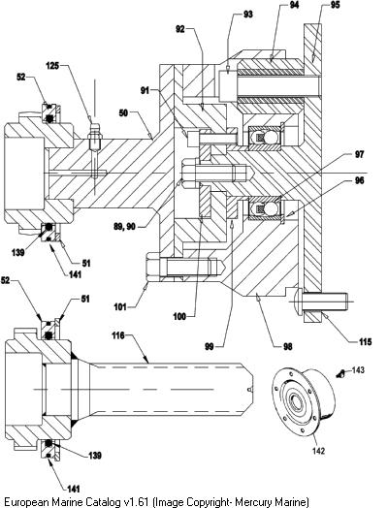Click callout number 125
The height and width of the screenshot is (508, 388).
[x=52, y=66]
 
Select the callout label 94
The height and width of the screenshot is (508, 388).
[x=294, y=5]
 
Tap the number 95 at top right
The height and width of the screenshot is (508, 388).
[x=336, y=5]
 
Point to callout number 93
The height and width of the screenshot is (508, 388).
[x=247, y=15]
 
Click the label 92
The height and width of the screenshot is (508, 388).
[x=180, y=29]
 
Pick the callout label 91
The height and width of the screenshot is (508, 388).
[x=145, y=90]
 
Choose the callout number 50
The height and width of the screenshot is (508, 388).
[x=123, y=113]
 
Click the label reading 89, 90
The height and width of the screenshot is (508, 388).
[x=124, y=227]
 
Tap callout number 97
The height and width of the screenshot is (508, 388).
[x=359, y=154]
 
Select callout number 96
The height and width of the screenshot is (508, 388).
[x=359, y=180]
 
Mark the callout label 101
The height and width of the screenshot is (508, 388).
[x=120, y=306]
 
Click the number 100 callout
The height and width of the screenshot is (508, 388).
[x=179, y=316]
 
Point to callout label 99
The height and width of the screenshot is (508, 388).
[x=210, y=347]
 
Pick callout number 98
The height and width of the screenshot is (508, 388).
[x=287, y=347]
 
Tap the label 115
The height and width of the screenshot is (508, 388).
[x=366, y=342]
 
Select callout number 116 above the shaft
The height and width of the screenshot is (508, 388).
[x=118, y=335]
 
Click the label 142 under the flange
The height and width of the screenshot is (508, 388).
[x=318, y=451]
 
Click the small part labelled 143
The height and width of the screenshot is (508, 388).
[x=340, y=374]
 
